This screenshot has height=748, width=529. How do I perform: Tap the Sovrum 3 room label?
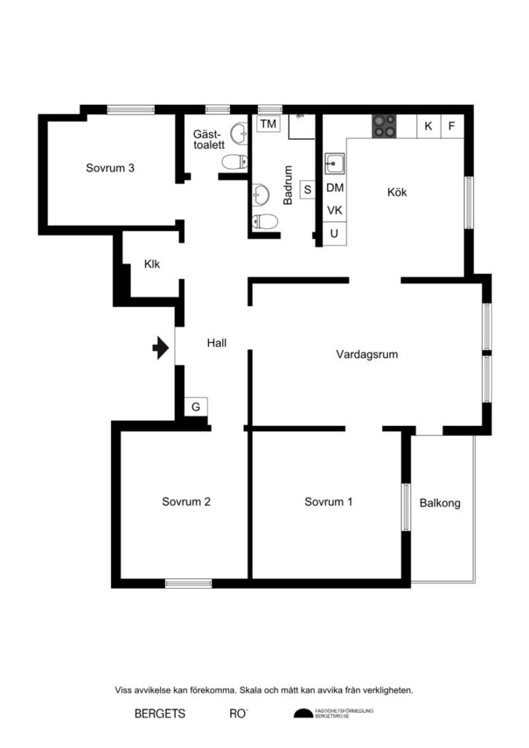pos(110,167)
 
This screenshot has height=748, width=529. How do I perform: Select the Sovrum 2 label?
pos(186,502)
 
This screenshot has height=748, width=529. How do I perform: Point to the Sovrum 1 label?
pos(329,502)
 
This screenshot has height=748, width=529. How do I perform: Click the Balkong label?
pos(440,503)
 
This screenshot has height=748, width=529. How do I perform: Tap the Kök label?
pos(397,193)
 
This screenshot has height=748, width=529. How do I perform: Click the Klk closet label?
pos(152,264)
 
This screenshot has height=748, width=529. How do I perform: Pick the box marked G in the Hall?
pos(196,407)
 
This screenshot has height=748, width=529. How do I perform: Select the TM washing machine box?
pos(268,124)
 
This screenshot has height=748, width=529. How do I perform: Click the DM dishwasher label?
pos(335,188)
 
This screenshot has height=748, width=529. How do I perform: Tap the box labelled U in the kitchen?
pos(335,234)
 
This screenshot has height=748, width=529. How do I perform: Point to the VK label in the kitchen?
pos(335,210)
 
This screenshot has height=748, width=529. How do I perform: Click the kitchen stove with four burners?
pos(385,126)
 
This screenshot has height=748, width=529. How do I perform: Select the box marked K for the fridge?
pos(428,126)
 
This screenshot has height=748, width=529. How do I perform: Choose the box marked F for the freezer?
pos(452,126)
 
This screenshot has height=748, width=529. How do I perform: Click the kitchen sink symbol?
pos(335,164)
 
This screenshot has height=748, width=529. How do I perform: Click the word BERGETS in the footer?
pos(160,714)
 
